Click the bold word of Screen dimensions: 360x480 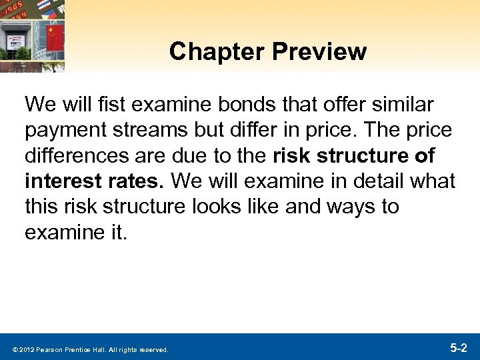tap(424, 155)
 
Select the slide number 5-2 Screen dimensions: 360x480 tap(459, 347)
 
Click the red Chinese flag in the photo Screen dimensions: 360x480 tap(55, 35)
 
